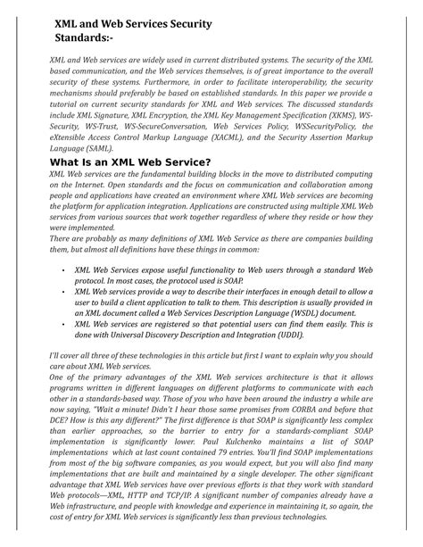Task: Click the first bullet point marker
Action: (62, 268)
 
